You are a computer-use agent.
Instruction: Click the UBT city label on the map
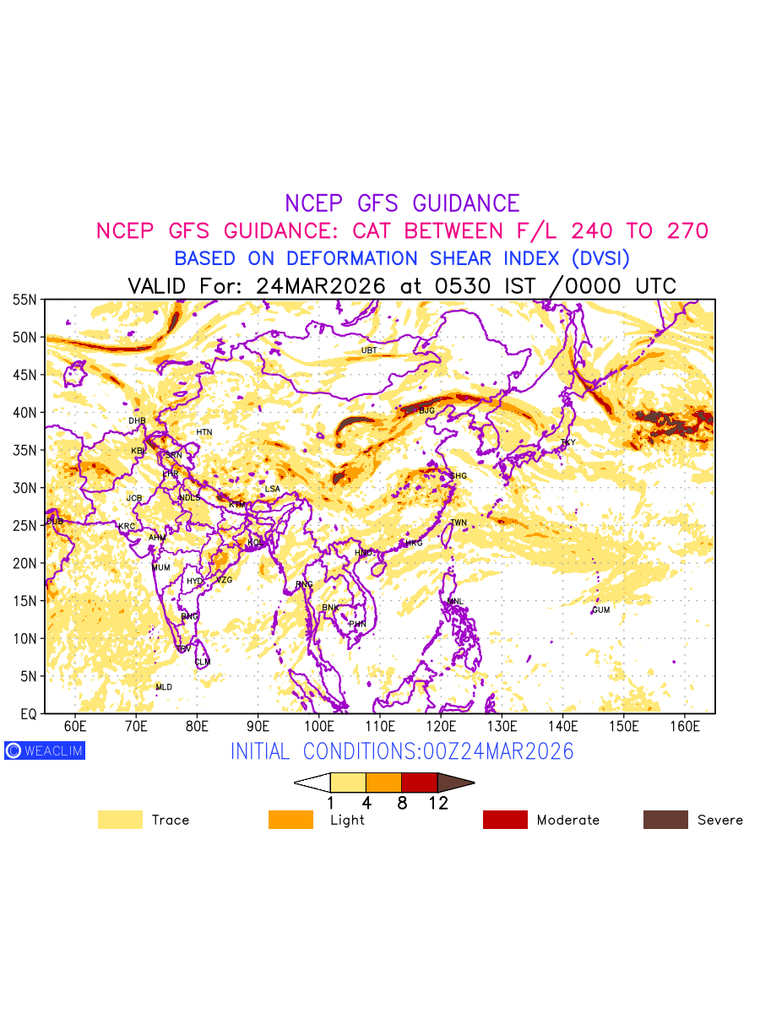tap(369, 350)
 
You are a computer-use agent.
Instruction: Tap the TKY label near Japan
tap(567, 442)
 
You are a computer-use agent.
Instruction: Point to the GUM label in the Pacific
tap(600, 610)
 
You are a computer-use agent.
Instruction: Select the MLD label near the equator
tap(164, 688)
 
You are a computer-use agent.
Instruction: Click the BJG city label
tap(426, 411)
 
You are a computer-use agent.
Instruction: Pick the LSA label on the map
tap(272, 490)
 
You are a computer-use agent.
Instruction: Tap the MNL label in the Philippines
tap(456, 602)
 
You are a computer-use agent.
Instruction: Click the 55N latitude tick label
tap(24, 300)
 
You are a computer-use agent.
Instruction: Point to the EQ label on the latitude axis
tap(28, 714)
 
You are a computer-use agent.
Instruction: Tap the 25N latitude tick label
tap(24, 526)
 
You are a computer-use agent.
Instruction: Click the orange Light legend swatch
tap(290, 820)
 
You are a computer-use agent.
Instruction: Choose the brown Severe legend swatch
tap(665, 820)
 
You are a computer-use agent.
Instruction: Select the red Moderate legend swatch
tap(505, 820)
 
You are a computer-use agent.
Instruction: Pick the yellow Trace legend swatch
tap(120, 820)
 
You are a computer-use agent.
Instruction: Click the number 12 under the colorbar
tap(437, 804)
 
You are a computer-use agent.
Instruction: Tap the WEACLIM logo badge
tap(45, 750)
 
